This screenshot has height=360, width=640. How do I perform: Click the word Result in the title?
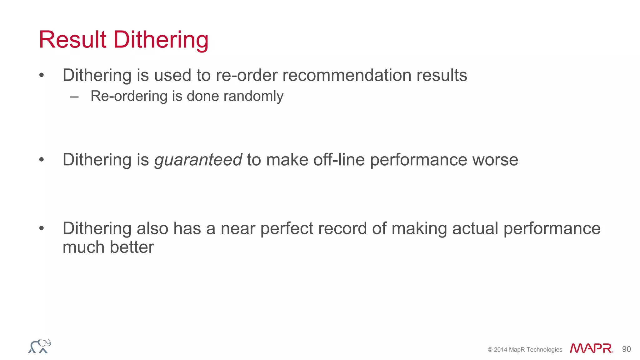click(72, 40)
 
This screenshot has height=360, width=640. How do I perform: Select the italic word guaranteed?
click(198, 160)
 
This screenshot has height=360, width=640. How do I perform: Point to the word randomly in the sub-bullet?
click(253, 96)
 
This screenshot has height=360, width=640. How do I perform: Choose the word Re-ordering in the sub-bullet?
click(129, 96)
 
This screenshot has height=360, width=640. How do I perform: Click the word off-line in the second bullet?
click(339, 160)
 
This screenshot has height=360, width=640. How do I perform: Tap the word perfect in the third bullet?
click(287, 228)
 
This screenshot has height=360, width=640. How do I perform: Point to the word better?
click(132, 247)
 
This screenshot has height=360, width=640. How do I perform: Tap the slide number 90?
click(626, 349)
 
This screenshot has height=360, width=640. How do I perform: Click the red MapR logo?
click(591, 348)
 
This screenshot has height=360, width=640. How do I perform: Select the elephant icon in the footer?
click(40, 346)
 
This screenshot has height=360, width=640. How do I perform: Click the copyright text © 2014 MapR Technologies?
click(525, 350)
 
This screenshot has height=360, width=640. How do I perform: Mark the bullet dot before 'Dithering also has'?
click(42, 228)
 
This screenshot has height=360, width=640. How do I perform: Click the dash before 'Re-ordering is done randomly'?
click(74, 97)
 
